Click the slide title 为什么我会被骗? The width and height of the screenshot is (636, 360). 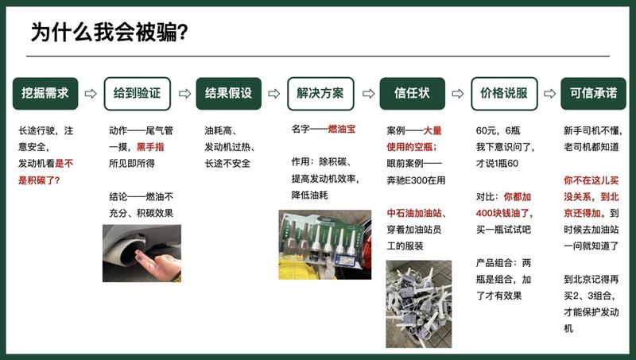coord(109,33)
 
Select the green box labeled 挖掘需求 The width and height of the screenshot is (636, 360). coord(45,93)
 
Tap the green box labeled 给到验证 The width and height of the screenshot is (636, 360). coord(137,93)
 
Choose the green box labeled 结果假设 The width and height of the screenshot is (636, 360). coord(228,93)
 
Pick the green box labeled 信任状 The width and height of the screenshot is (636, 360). coord(412,93)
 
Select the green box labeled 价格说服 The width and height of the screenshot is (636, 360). coord(503,93)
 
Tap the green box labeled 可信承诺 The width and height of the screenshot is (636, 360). coord(593,93)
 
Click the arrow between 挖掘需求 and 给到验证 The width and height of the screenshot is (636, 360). coord(91,94)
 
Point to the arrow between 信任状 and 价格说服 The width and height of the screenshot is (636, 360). coord(458,94)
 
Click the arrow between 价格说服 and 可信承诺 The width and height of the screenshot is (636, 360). coord(549,94)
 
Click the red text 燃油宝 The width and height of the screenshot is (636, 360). coord(343,129)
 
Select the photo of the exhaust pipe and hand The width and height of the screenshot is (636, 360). coord(142,253)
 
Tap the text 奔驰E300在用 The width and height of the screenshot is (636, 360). coord(417,180)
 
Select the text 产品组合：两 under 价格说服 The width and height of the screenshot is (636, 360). coord(504,262)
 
